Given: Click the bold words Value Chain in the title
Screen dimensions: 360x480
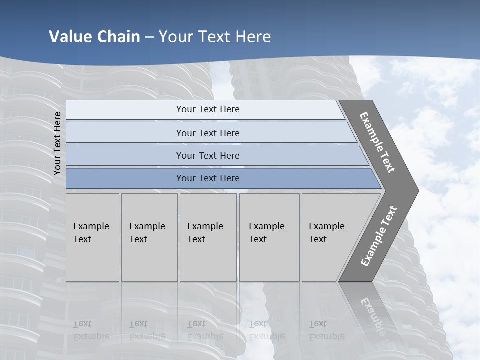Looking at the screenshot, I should (94, 37).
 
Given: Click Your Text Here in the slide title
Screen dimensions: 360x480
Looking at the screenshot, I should (215, 37).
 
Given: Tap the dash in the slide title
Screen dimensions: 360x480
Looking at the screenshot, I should (149, 37).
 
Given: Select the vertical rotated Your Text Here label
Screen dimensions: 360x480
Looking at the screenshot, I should (57, 143).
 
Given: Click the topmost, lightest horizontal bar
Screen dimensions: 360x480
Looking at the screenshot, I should (208, 109).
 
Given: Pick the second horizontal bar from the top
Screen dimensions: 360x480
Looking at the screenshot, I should (208, 133).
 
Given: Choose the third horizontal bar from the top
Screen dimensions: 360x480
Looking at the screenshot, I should (208, 155).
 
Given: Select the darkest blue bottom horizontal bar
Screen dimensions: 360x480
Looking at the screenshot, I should (208, 178).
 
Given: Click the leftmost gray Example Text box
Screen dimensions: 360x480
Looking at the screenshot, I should (92, 237).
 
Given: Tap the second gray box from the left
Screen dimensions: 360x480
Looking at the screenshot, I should (149, 237).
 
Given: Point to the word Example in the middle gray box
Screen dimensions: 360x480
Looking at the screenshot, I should (205, 226).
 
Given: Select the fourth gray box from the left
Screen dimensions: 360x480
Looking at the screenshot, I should (269, 237).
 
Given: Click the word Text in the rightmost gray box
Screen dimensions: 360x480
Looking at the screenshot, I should (318, 239).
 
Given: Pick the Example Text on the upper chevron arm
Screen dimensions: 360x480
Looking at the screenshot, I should (377, 142).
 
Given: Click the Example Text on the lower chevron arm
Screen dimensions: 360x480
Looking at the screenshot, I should (378, 236).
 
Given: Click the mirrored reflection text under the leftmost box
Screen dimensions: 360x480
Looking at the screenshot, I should (91, 330).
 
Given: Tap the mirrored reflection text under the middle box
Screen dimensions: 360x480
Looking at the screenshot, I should (205, 330).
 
